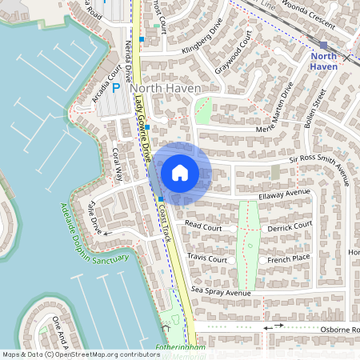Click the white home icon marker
click(x=180, y=172)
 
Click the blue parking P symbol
click(x=116, y=88)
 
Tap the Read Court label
click(x=203, y=226)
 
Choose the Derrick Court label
click(x=290, y=226)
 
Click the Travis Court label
click(x=207, y=259)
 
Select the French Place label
click(x=289, y=259)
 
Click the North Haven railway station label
click(x=323, y=61)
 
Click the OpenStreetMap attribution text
click(x=80, y=354)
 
